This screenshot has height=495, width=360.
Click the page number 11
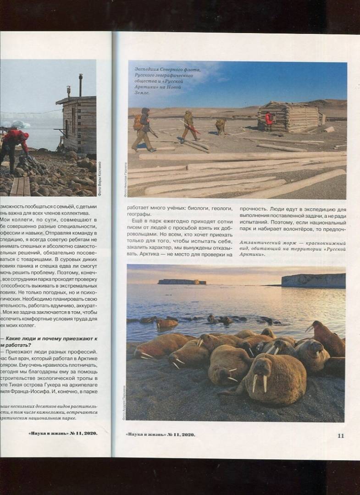(x=341, y=435)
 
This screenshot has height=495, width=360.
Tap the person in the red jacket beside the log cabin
(x=269, y=121)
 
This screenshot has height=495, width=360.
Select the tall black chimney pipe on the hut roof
(x=80, y=85)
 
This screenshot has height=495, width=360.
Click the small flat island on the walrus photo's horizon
(x=182, y=282)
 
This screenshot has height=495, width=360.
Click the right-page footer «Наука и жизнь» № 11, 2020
(x=160, y=435)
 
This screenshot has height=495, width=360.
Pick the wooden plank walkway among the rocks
(x=21, y=186)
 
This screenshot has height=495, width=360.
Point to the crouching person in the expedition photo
(x=221, y=126)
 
